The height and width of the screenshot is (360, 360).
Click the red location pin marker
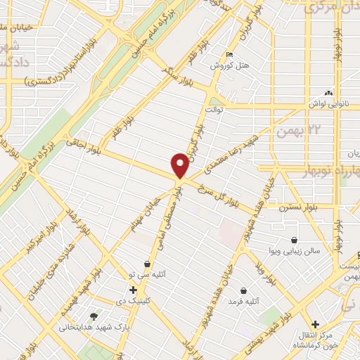pyautogui.click(x=180, y=165)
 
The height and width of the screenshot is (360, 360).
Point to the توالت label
pyautogui.click(x=214, y=110)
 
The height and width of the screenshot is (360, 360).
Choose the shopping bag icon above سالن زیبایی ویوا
pyautogui.click(x=293, y=240)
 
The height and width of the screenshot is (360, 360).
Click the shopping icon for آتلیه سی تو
pyautogui.click(x=146, y=264)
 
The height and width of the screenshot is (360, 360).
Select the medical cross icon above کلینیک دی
pyautogui.click(x=132, y=289)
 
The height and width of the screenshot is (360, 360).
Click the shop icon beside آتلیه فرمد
pyautogui.click(x=243, y=290)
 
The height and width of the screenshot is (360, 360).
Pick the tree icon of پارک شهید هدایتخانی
pyautogui.click(x=94, y=316)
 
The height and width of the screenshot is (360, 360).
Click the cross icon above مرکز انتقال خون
pyautogui.click(x=316, y=324)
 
